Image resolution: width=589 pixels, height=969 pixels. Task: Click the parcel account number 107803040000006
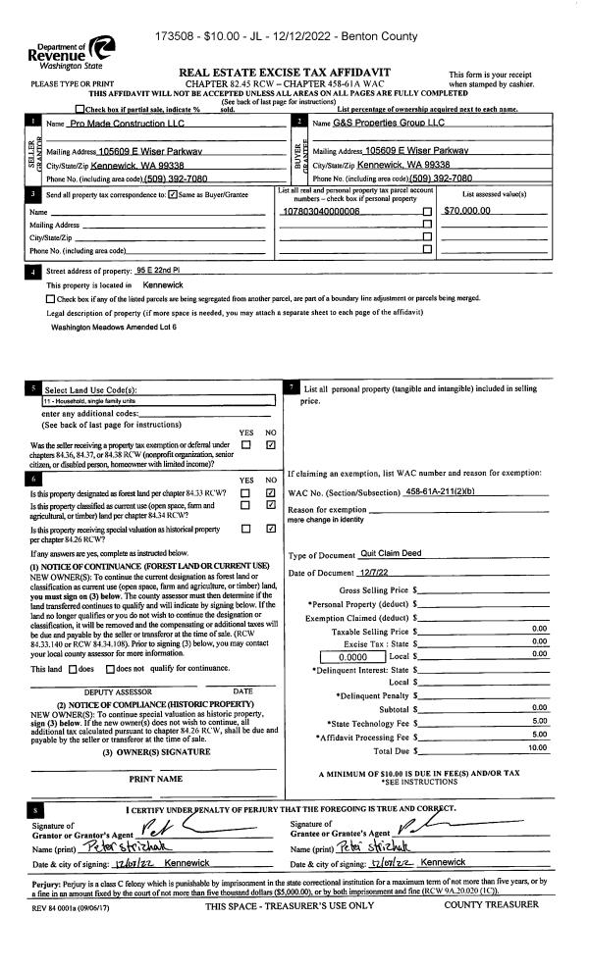coord(321,212)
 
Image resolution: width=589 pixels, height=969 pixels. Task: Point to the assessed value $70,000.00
coord(467,211)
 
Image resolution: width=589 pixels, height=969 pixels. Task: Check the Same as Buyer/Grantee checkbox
coord(173,197)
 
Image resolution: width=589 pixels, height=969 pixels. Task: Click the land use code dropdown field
coord(157,400)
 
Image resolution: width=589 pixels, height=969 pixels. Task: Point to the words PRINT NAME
coord(157,780)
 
